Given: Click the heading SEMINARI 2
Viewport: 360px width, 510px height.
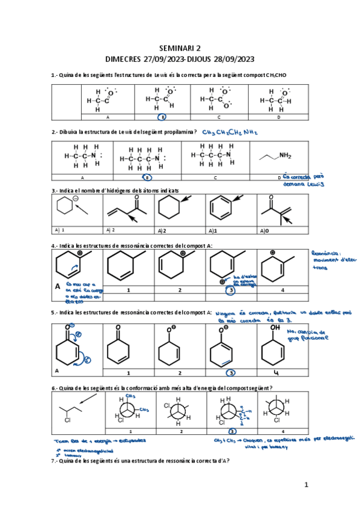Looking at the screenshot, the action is (x=180, y=48).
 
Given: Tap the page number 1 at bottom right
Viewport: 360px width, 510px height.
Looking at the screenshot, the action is (x=306, y=484).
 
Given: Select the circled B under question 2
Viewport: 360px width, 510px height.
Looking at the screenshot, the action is (x=147, y=177).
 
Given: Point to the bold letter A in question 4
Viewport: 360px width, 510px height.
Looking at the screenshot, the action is (x=58, y=287).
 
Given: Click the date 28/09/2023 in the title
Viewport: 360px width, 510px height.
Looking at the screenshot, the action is (x=228, y=59).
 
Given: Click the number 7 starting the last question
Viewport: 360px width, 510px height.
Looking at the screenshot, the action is (x=54, y=461).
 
